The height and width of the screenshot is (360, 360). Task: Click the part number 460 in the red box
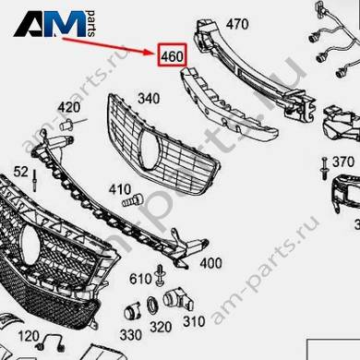[x=173, y=56]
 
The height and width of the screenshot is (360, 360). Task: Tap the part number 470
[x=237, y=24]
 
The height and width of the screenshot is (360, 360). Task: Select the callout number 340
[x=149, y=99]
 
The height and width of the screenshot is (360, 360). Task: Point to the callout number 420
[x=69, y=107]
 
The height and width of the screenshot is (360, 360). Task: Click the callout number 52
[x=21, y=172]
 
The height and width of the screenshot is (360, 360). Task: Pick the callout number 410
[x=120, y=189]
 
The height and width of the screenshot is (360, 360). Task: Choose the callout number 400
[x=210, y=263]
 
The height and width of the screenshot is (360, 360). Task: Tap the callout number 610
[x=140, y=279]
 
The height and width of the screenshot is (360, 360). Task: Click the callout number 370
[x=343, y=162]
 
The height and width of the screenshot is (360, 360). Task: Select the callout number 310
[x=194, y=321]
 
